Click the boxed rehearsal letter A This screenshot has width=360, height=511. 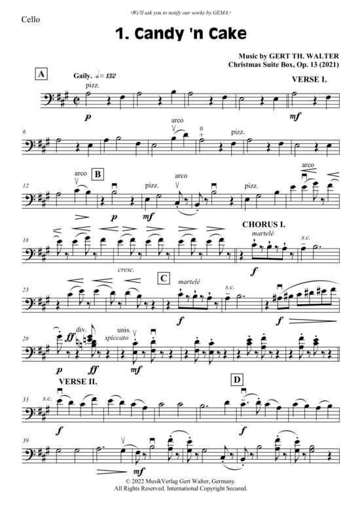tap(41, 75)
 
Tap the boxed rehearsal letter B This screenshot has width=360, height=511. tap(98, 174)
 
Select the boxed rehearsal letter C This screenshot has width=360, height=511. tap(164, 278)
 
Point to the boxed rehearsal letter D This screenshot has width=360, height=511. tap(237, 379)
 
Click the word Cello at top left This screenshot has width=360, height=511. tap(31, 20)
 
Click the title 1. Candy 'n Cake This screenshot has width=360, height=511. tap(181, 33)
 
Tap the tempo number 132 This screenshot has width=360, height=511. tap(111, 76)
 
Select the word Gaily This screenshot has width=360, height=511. tap(83, 76)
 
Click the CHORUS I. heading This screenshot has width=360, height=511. tap(264, 224)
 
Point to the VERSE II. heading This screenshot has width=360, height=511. tap(78, 381)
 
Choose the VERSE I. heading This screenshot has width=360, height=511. tap(309, 80)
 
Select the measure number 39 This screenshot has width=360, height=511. tap(26, 440)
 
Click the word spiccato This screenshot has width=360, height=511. tap(117, 338)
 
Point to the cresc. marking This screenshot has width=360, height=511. tap(126, 270)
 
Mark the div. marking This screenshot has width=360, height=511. tap(81, 330)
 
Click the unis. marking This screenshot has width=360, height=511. tap(124, 330)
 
